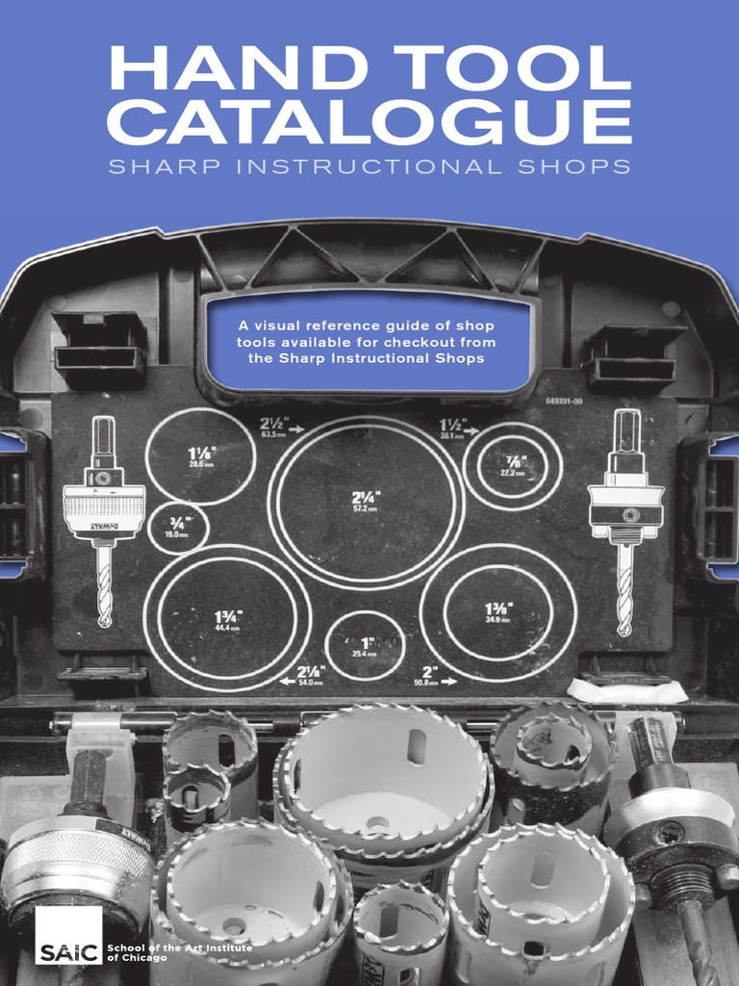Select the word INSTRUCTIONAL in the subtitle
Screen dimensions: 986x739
click(x=369, y=167)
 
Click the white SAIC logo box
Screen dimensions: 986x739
click(x=68, y=937)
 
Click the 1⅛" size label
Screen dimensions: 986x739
click(x=201, y=451)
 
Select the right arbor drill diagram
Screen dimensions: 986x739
click(x=626, y=520)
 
